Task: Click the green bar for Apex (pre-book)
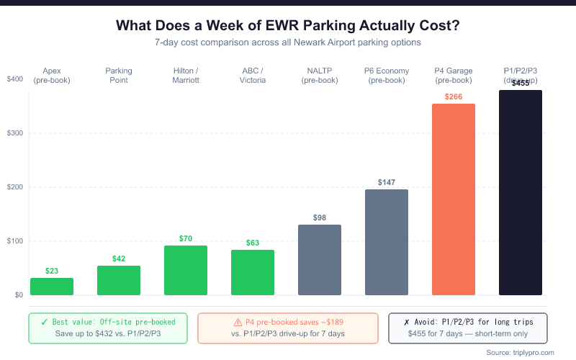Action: [52, 287]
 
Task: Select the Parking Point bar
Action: [119, 280]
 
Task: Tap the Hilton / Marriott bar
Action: [186, 270]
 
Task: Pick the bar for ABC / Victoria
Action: [253, 272]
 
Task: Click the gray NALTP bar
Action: [320, 260]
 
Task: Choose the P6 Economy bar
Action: [387, 242]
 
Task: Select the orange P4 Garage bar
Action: [454, 199]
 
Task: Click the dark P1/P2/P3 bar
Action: [521, 192]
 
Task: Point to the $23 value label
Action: [52, 271]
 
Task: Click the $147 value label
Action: [387, 183]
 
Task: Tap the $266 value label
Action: [454, 96]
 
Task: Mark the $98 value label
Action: [320, 217]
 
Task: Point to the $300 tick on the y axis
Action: [14, 133]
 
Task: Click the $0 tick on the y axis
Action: [17, 295]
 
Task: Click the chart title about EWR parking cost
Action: [288, 25]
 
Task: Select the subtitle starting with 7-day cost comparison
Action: [288, 42]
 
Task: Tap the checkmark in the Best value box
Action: [45, 322]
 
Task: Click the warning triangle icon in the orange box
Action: [238, 322]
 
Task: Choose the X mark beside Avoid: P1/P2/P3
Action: [408, 322]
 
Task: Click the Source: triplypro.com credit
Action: [521, 352]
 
